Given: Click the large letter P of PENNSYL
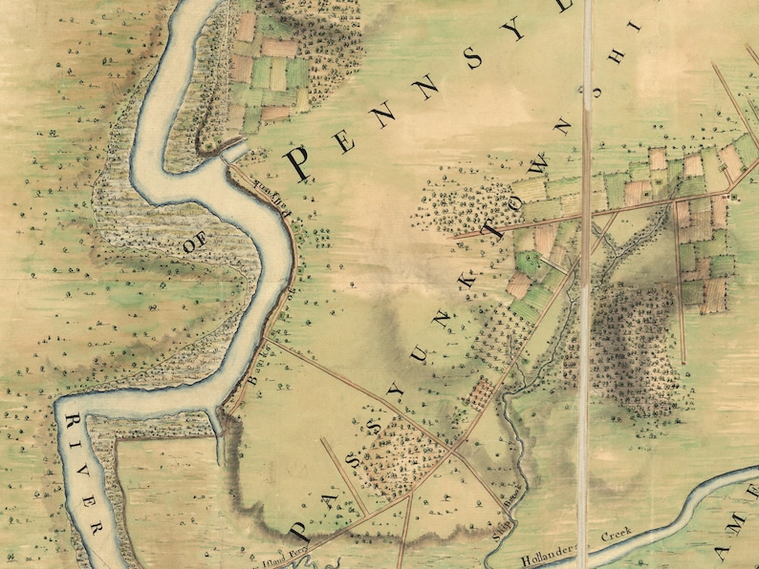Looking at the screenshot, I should point(298,162).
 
